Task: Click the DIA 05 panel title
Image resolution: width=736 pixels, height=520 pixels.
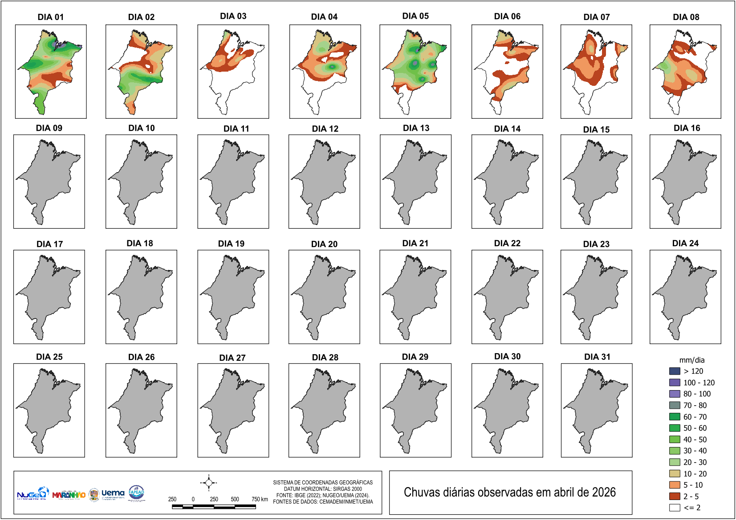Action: click(x=415, y=16)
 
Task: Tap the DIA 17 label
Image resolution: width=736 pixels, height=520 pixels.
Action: click(x=50, y=244)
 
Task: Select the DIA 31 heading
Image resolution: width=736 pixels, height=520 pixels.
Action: click(x=597, y=357)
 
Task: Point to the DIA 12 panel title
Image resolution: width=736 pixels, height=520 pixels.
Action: click(x=325, y=129)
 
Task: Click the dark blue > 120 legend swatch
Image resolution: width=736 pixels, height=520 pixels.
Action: click(x=675, y=371)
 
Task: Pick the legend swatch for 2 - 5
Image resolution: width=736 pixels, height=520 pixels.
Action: click(x=675, y=496)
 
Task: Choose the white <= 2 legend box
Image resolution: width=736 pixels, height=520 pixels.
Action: click(x=675, y=508)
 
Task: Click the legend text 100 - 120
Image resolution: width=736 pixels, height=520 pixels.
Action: click(x=699, y=383)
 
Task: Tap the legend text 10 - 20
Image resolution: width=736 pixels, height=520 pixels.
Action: click(x=695, y=474)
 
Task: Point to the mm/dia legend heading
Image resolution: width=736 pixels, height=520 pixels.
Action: click(x=692, y=360)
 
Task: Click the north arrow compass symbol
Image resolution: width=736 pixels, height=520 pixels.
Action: click(x=209, y=483)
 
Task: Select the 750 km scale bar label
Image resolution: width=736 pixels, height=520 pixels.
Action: click(x=260, y=499)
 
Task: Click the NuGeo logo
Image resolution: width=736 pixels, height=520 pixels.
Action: click(x=32, y=493)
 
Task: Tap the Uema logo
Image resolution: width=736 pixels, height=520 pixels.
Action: click(x=113, y=493)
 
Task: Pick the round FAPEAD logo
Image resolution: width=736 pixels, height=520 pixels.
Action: click(x=136, y=492)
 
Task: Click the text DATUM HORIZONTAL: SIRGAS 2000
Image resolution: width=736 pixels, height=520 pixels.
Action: click(x=323, y=489)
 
